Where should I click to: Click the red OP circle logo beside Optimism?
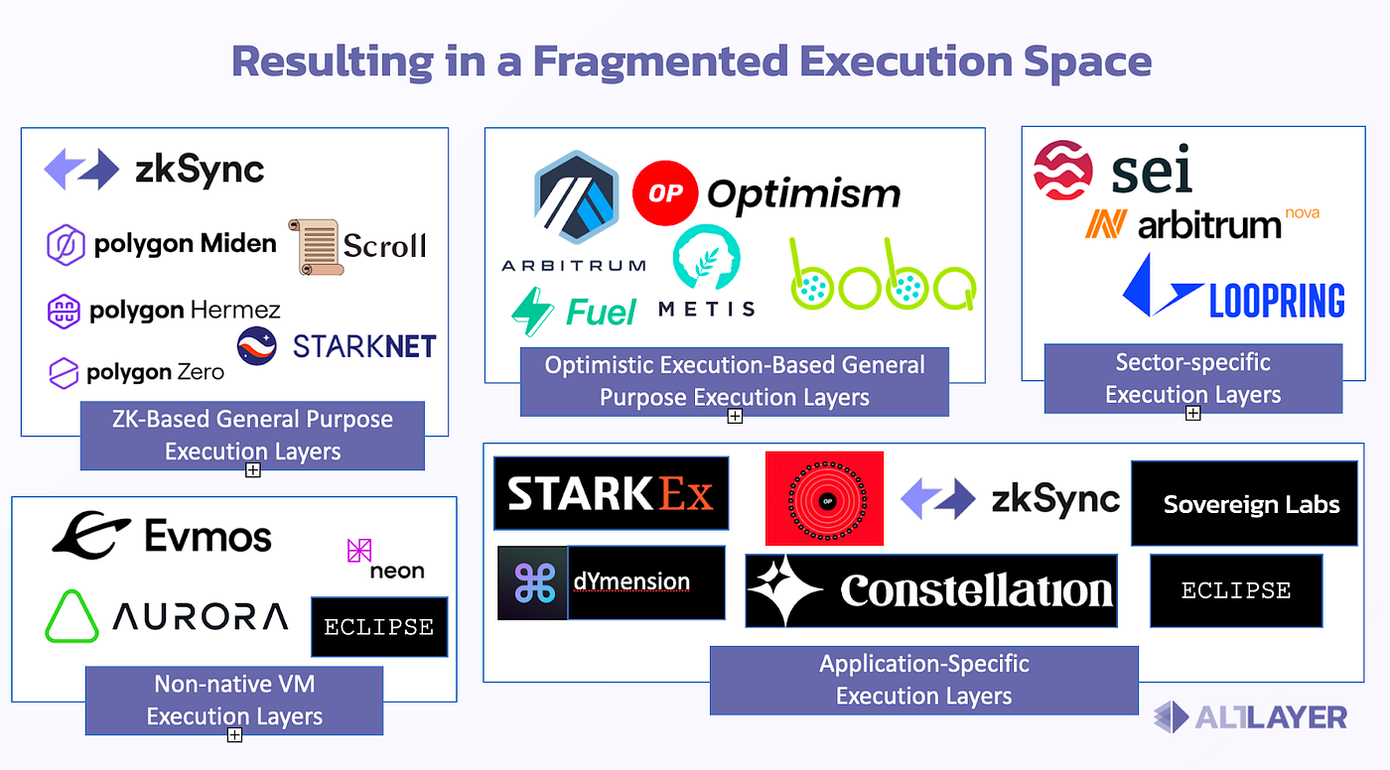(x=665, y=192)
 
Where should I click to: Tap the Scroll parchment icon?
(x=316, y=247)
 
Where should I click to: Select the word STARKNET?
(x=364, y=346)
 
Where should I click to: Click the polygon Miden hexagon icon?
(x=66, y=245)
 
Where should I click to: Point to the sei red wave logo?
(x=1063, y=170)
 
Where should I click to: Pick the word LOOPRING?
(x=1277, y=301)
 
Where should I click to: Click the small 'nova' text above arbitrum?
(x=1302, y=212)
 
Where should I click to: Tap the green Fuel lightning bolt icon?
(x=532, y=312)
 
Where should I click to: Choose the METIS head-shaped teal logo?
(x=706, y=257)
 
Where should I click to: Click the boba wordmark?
(x=883, y=274)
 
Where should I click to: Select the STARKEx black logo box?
(x=612, y=493)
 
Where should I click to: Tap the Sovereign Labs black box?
(x=1245, y=503)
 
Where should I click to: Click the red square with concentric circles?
(x=824, y=498)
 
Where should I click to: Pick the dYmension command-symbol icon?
(x=533, y=582)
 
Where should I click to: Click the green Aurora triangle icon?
(x=71, y=616)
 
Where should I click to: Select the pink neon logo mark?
(x=359, y=550)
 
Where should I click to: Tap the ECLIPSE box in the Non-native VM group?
(x=379, y=627)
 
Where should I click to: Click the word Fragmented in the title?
(x=661, y=62)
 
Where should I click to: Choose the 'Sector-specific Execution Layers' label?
(x=1193, y=378)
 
